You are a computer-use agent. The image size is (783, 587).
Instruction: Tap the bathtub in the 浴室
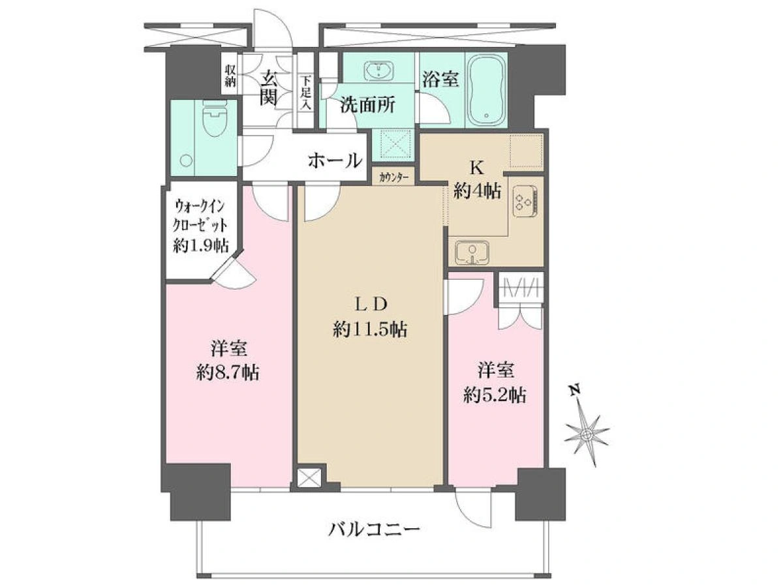click(485, 93)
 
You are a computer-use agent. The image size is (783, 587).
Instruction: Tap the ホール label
click(335, 160)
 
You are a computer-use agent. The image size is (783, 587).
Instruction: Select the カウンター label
click(394, 177)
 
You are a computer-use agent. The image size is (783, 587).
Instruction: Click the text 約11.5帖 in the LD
click(369, 329)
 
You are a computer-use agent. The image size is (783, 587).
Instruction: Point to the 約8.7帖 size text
click(228, 374)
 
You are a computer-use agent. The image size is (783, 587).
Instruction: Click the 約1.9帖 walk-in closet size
click(201, 245)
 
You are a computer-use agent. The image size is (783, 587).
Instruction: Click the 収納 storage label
click(230, 76)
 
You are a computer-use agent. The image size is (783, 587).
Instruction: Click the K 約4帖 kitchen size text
click(477, 182)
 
